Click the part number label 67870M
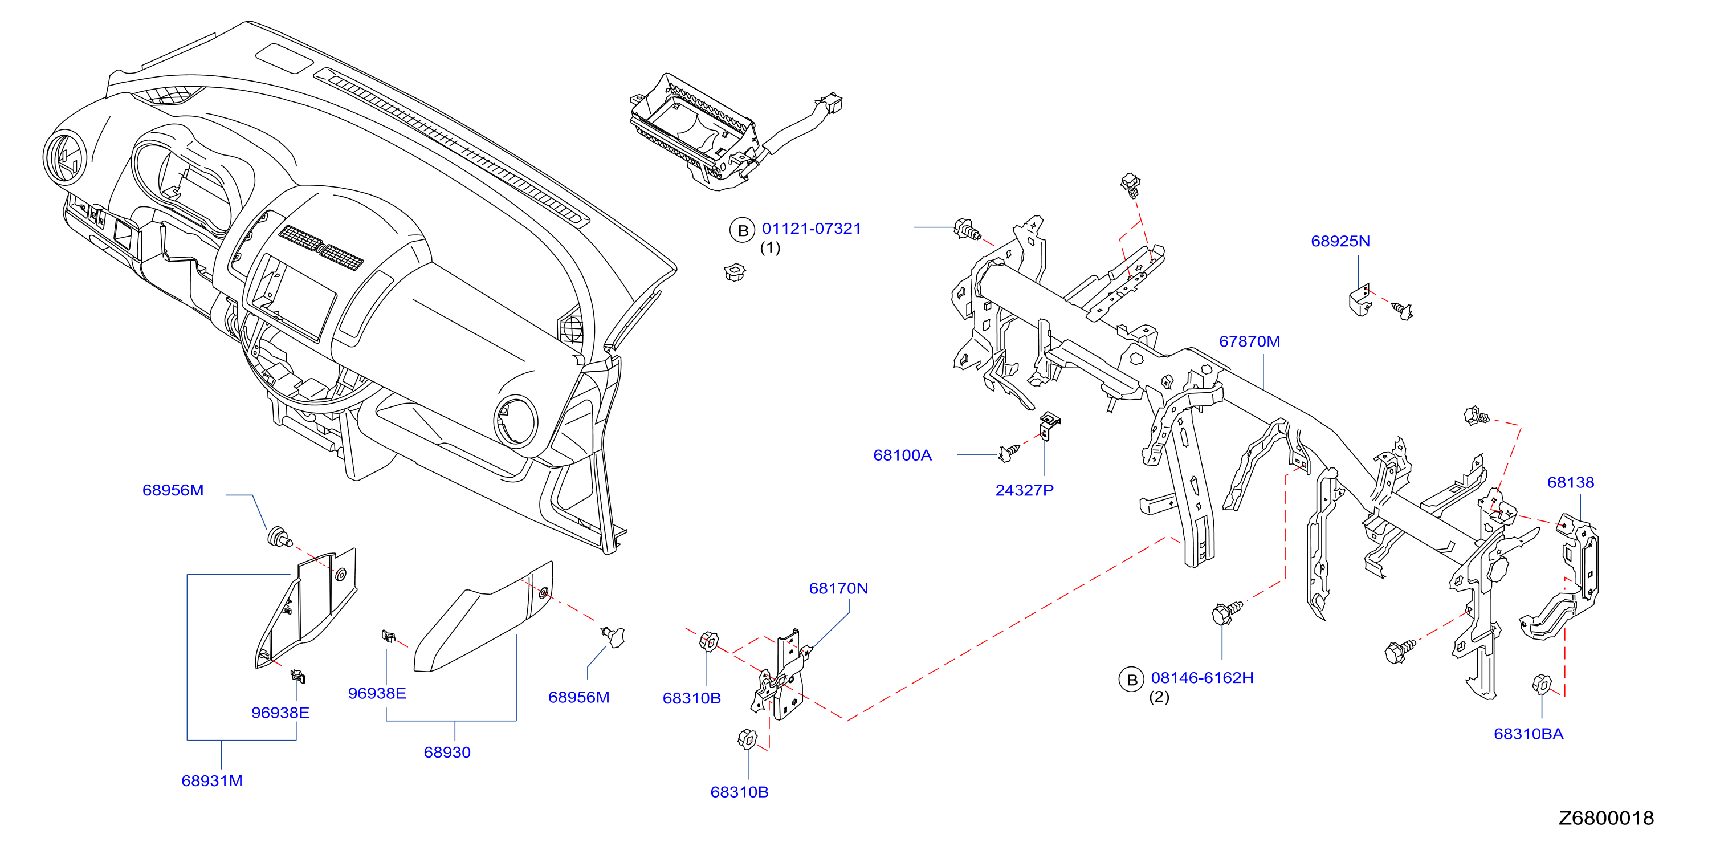tap(1249, 341)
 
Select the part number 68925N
tap(1340, 241)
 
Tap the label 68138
tap(1571, 482)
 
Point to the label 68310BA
tap(1529, 734)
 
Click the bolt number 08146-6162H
tap(1202, 678)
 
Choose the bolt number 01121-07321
tap(811, 229)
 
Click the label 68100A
tap(902, 455)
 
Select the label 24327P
tap(1024, 490)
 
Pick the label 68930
tap(447, 753)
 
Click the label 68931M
tap(211, 780)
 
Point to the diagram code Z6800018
tap(1606, 818)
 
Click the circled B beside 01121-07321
tap(742, 230)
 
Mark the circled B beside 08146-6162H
tap(1131, 680)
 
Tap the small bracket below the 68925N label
tap(1360, 300)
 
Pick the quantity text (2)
tap(1159, 697)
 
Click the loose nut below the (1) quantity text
tap(735, 272)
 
